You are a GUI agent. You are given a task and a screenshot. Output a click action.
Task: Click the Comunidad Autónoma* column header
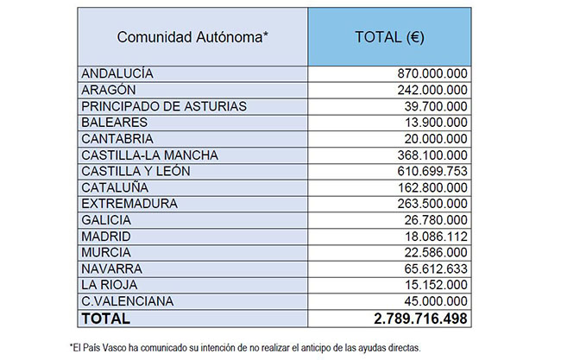(192, 37)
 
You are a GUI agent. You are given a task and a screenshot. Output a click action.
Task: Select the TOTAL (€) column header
(389, 37)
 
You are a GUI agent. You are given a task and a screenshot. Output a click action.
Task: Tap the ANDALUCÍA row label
(117, 73)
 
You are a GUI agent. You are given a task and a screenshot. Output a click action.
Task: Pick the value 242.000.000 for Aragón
(432, 90)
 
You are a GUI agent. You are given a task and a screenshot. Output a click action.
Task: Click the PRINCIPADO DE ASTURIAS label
(164, 106)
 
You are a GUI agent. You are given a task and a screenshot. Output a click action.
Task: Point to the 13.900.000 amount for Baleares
(436, 123)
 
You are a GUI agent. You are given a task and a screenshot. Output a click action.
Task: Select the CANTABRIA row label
(117, 138)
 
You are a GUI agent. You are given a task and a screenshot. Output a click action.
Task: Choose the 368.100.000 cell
(432, 155)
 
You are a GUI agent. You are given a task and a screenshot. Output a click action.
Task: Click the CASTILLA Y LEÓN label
(136, 171)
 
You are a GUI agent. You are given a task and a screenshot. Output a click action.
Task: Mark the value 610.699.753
(432, 171)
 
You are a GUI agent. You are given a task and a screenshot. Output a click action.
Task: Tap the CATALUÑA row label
(115, 187)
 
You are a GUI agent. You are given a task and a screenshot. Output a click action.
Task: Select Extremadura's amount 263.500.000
(432, 204)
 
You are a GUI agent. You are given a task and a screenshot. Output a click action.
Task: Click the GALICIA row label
(106, 220)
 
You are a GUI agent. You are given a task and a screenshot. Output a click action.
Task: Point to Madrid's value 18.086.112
(436, 237)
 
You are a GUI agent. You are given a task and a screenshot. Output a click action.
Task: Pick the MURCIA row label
(106, 252)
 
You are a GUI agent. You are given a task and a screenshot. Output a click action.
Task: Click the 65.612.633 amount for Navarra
(436, 268)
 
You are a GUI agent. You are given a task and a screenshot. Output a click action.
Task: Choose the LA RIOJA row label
(109, 285)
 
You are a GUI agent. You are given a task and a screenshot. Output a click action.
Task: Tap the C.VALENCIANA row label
(127, 301)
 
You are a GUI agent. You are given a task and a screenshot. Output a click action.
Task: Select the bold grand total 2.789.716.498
(420, 319)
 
